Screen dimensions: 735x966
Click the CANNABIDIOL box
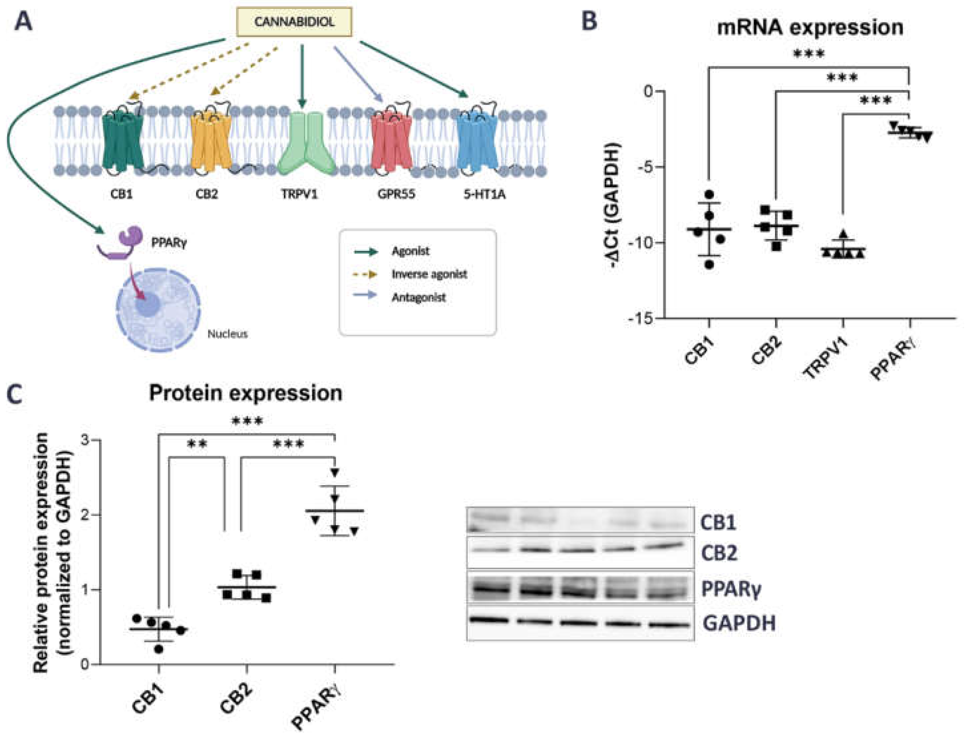294,22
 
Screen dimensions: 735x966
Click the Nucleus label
228,334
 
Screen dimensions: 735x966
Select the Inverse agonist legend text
429,274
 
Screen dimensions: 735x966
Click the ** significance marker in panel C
197,445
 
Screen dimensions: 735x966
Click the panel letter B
589,21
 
